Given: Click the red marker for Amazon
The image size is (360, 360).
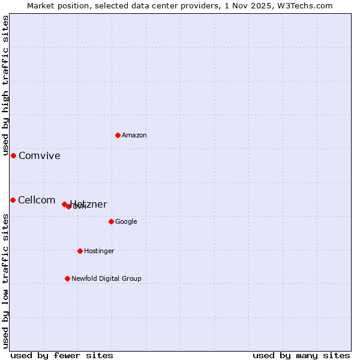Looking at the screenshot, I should (118, 135).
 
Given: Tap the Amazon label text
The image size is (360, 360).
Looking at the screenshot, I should (134, 136).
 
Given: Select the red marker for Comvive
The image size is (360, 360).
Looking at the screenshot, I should (13, 155).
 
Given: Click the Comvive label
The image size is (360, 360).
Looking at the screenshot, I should (40, 156).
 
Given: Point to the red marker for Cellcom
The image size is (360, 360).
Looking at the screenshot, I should (13, 200).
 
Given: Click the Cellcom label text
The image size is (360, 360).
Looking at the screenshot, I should (37, 200).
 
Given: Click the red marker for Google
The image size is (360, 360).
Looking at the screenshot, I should (111, 221).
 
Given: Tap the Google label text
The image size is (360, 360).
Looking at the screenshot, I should (126, 222).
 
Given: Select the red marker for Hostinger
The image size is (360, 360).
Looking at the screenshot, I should (80, 251).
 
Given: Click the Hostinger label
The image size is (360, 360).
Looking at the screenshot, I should (99, 251).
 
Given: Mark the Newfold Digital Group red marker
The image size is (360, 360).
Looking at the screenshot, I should (67, 278).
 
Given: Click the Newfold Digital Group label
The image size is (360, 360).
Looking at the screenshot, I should (106, 279).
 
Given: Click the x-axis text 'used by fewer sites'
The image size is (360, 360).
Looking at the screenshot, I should (62, 355).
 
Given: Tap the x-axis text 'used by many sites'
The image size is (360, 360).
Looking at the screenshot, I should (301, 355).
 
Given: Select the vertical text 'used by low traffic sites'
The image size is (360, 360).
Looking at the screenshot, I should (5, 280).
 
